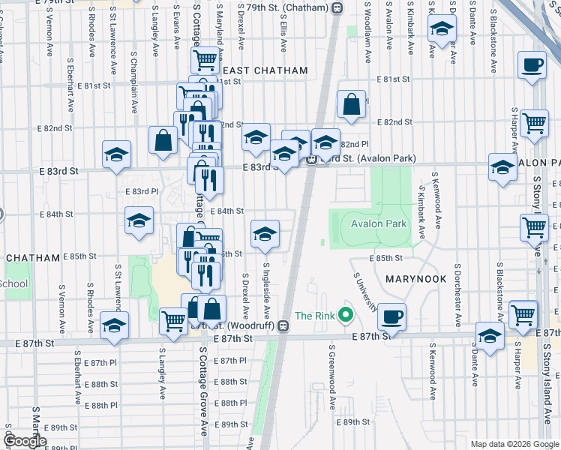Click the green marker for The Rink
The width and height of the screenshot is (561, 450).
(x=345, y=314)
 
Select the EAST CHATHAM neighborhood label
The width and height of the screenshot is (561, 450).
(x=263, y=70)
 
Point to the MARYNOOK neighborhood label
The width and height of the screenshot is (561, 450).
(x=415, y=278)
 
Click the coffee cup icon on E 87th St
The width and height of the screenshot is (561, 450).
(x=391, y=316)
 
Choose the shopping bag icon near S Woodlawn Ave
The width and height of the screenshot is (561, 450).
(x=351, y=105)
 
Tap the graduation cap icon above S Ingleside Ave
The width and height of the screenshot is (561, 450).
(x=265, y=234)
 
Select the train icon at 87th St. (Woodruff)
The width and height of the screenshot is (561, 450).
(x=283, y=325)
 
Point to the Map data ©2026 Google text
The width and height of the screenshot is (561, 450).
(x=514, y=444)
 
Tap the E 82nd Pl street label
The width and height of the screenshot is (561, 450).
(x=355, y=144)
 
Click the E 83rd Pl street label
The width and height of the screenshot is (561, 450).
(x=142, y=192)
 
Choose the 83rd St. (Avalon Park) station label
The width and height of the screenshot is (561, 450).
(x=367, y=158)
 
